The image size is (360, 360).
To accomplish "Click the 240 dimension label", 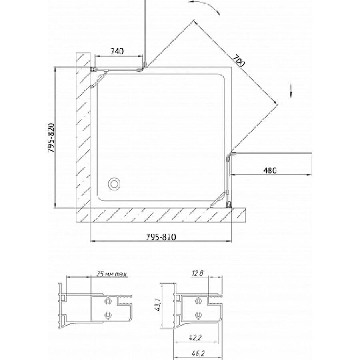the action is (117, 51).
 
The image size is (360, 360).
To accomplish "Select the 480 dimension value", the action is (270, 170).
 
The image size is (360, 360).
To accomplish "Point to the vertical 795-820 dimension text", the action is (51, 138).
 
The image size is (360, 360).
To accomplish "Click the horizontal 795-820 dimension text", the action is (161, 236).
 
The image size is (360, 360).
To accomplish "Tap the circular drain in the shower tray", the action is (114, 184).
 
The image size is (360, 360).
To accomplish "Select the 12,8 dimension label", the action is (198, 273).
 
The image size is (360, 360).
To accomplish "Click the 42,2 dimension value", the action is (195, 338).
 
